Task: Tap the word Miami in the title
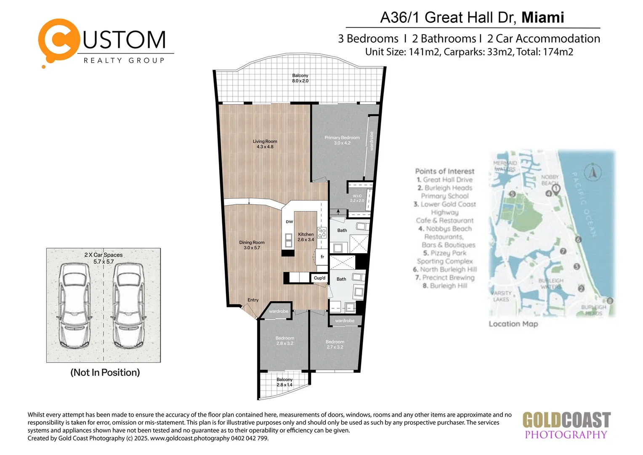542,17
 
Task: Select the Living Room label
265,144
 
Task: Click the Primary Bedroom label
342,140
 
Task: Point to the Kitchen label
306,237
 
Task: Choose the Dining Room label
252,245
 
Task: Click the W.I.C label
357,198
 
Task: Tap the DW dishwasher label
290,222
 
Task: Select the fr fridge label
322,257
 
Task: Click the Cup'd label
319,278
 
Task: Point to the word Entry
253,300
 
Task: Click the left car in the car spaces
74,305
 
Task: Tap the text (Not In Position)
105,372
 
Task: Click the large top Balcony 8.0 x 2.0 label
300,78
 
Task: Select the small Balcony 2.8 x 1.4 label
284,382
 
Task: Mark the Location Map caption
513,324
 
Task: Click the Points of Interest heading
444,171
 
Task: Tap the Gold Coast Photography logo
566,426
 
